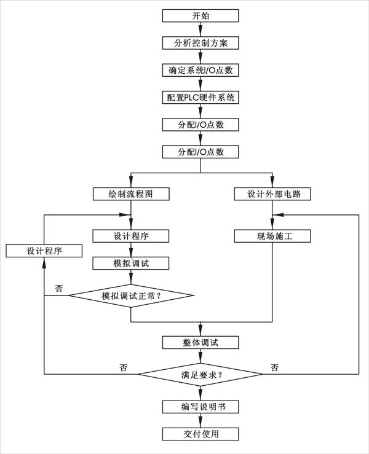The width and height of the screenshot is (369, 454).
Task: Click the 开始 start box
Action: click(x=200, y=15)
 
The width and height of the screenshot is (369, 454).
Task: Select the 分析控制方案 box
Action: click(x=200, y=43)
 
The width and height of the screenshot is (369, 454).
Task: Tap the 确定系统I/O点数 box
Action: click(x=200, y=70)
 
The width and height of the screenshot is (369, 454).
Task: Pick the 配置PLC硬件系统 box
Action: click(x=200, y=97)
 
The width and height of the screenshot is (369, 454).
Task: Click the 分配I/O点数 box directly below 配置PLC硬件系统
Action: click(x=200, y=124)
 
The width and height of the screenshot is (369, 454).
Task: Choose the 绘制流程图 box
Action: click(x=131, y=194)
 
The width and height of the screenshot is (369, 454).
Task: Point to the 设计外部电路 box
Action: click(x=272, y=194)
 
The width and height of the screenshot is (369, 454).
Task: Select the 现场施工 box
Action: click(x=272, y=236)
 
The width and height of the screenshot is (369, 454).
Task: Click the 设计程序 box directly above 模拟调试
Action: click(x=131, y=236)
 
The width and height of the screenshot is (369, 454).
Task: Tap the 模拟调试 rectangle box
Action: click(x=131, y=263)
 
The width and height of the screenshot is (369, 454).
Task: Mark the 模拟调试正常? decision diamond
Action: click(x=131, y=295)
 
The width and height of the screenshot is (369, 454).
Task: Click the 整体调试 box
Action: click(x=200, y=342)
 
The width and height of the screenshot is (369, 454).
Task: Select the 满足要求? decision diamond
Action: click(x=200, y=374)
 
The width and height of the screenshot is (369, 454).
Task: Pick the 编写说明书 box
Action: click(x=200, y=407)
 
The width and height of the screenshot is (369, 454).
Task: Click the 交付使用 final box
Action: click(x=200, y=434)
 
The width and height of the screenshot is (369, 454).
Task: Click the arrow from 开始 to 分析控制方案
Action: click(x=200, y=29)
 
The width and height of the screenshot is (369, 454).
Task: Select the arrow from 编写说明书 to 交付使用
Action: click(x=200, y=420)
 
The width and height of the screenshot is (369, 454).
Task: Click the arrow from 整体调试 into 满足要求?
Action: click(x=200, y=354)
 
